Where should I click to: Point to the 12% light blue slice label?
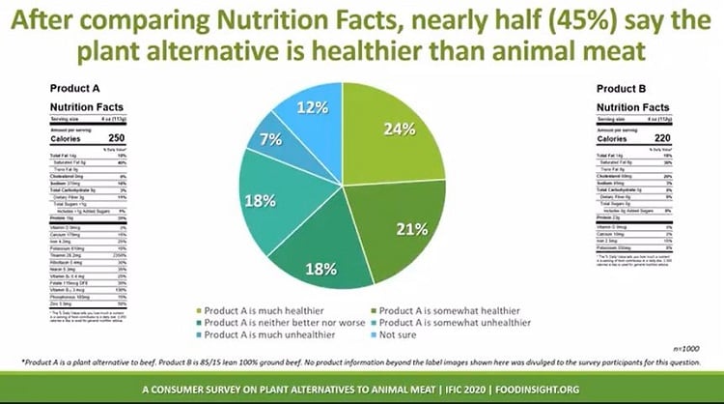coord(313,107)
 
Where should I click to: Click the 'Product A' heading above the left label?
coord(68,88)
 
